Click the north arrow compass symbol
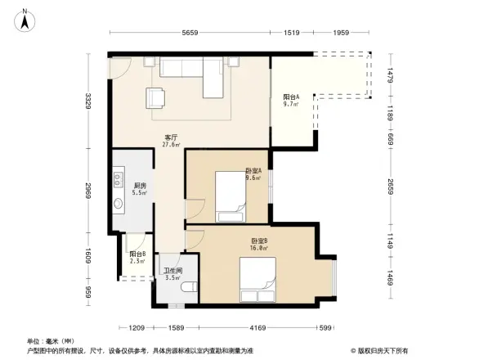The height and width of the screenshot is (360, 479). pos(26,20)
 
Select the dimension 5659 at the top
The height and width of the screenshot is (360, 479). pos(190,33)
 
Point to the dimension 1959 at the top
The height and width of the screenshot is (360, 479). pos(342,33)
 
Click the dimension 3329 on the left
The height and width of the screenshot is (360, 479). pos(92,101)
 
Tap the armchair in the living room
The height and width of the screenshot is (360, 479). pos(156,98)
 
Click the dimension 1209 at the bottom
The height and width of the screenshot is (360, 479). pos(137,327)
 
